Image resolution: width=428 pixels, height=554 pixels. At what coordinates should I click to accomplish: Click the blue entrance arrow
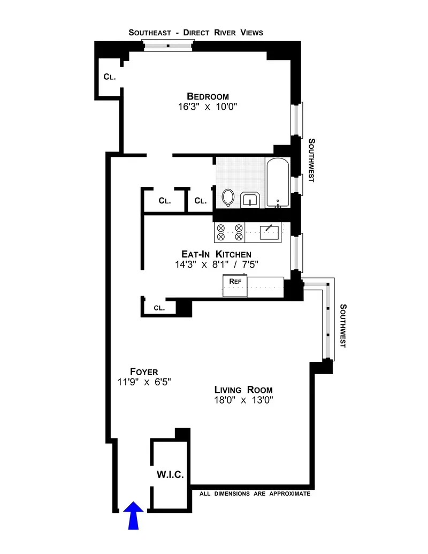click(133, 515)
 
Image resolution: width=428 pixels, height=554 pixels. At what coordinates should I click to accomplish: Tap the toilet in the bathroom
click(228, 198)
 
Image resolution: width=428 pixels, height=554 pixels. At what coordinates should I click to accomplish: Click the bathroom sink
click(250, 200)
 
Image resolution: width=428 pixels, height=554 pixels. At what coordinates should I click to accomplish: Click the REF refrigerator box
click(234, 285)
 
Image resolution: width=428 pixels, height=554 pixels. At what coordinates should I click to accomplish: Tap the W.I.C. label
click(170, 474)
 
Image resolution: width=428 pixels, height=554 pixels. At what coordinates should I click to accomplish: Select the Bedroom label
click(208, 96)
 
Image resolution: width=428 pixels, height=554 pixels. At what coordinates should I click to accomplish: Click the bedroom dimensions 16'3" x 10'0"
click(208, 107)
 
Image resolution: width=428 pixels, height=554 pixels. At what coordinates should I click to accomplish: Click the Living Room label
click(243, 389)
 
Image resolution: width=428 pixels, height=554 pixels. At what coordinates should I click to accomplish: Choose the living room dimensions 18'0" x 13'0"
click(243, 400)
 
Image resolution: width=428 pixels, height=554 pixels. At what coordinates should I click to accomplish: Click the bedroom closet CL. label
click(110, 77)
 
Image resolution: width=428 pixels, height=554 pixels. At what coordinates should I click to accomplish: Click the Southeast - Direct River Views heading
click(196, 33)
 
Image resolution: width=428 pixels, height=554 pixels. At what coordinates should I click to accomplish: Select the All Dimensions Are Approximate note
click(255, 494)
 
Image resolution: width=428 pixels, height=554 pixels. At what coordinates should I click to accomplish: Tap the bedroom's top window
click(168, 46)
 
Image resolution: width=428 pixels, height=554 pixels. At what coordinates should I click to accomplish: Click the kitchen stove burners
click(229, 232)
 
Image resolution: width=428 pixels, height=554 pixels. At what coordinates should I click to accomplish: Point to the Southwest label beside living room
click(343, 326)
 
